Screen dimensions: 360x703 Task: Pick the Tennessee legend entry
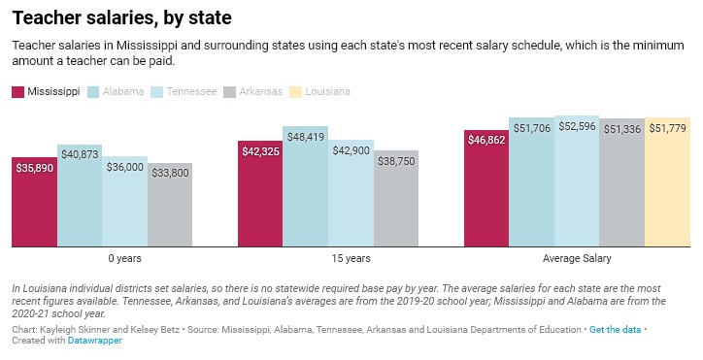184,91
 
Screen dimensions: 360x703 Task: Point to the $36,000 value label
124,167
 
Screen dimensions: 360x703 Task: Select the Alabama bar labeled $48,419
306,185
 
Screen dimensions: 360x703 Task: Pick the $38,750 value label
396,161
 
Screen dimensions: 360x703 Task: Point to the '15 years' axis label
351,259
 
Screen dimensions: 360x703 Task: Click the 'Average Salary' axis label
577,259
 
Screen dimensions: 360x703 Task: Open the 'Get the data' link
615,329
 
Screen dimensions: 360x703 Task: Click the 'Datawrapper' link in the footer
94,341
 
